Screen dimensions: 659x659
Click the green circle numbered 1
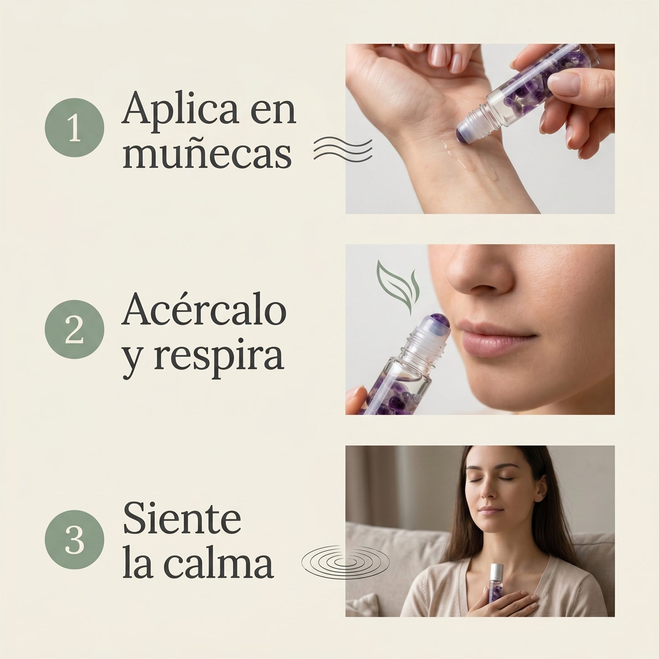74,128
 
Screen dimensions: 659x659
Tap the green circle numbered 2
74,329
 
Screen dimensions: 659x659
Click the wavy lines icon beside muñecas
343,149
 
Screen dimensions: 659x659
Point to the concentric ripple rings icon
345,562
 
